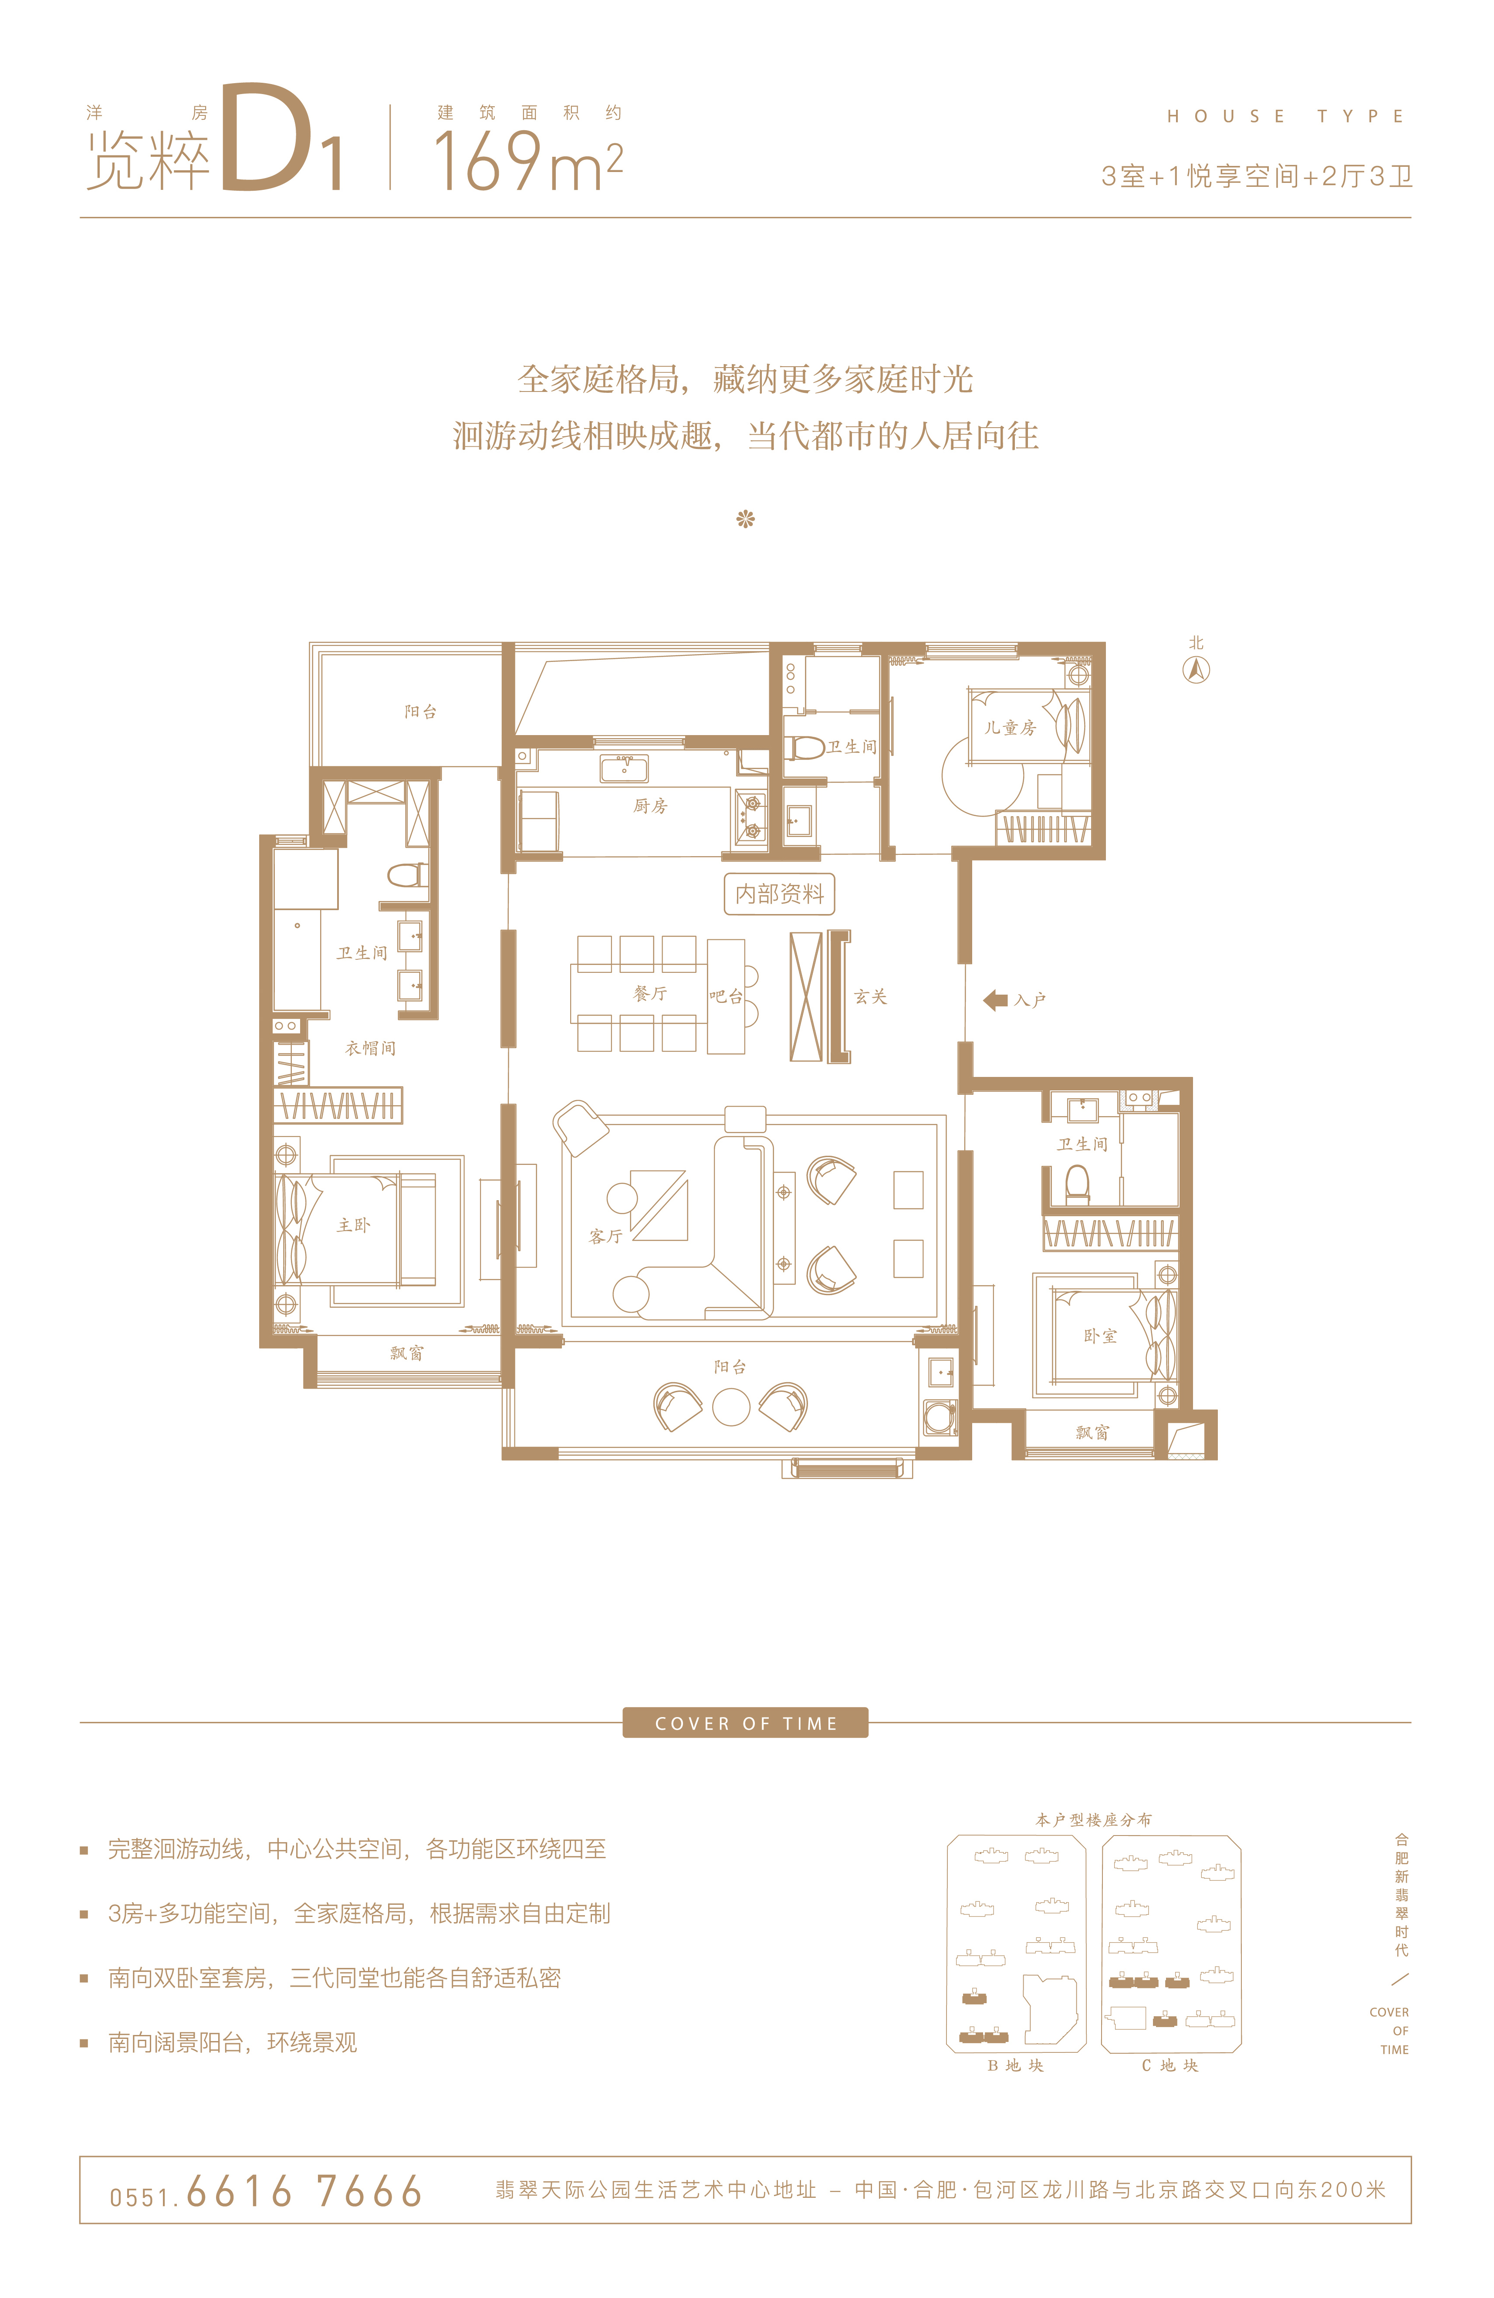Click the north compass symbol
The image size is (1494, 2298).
1197,669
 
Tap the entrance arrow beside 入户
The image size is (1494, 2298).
995,1000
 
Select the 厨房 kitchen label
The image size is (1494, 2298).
650,805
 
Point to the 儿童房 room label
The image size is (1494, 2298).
1010,727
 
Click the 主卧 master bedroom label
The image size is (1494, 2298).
353,1224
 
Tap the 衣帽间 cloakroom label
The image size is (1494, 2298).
371,1048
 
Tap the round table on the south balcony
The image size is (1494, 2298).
731,1407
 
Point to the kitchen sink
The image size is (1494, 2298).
624,769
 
